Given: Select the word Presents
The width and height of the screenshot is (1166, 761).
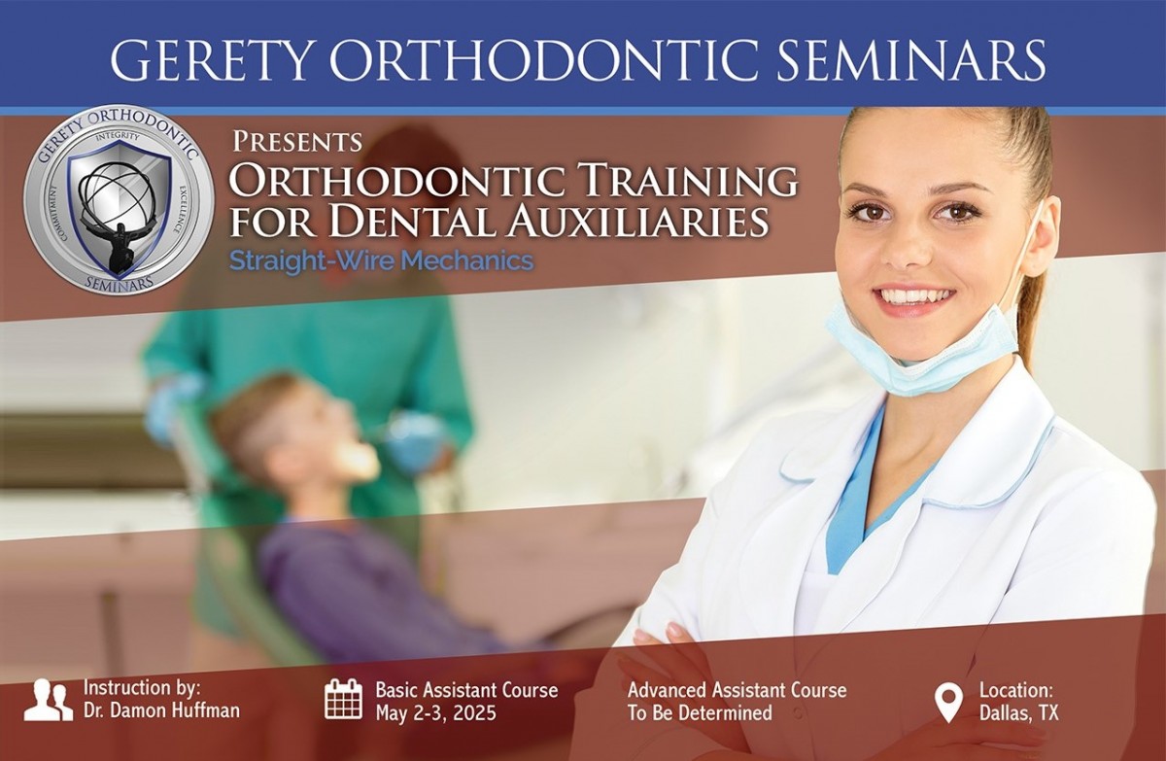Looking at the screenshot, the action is [297, 141].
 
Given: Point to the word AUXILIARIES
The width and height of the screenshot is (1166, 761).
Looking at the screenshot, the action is [638, 220].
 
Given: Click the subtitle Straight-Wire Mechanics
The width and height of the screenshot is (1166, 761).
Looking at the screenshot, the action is [382, 260].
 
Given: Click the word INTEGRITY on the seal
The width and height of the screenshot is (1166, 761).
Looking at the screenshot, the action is [119, 137].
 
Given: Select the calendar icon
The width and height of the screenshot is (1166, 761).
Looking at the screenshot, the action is [344, 699].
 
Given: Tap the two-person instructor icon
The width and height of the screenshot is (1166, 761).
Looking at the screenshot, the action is [49, 700].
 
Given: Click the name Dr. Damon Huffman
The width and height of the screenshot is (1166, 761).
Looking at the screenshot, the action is [162, 710].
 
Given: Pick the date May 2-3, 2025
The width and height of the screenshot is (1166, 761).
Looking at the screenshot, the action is [436, 712].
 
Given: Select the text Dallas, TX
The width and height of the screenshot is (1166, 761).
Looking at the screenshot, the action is [1019, 712].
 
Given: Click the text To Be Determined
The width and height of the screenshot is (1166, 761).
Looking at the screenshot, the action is [700, 712].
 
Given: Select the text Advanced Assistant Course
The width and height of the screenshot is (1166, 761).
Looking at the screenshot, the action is [737, 690].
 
